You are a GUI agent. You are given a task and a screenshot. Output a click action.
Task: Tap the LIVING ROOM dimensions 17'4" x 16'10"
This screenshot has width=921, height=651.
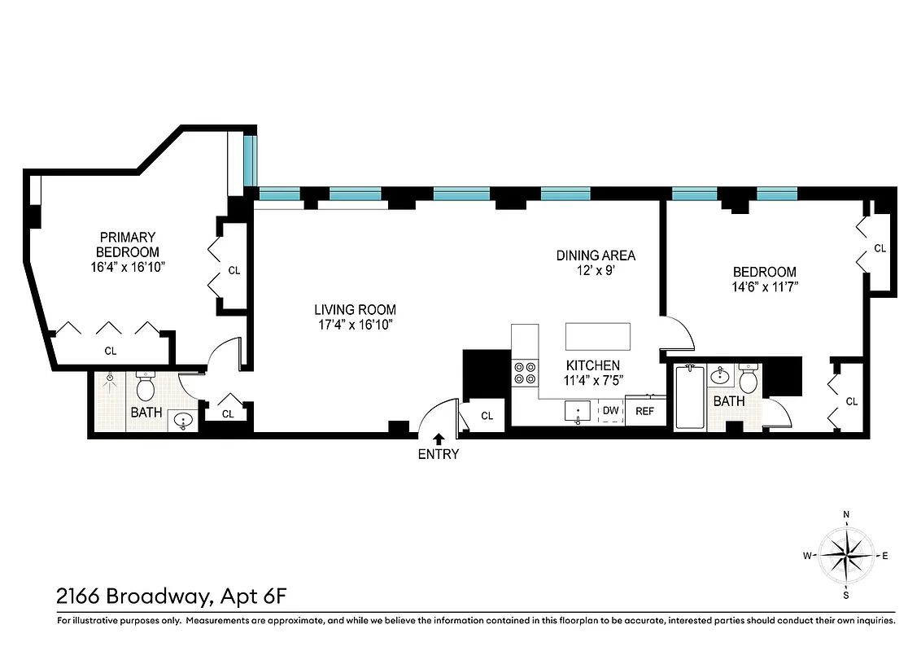(355, 325)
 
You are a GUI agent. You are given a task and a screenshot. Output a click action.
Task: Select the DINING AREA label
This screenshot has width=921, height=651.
(596, 256)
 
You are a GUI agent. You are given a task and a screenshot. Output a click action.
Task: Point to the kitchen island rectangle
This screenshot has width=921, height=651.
(598, 335)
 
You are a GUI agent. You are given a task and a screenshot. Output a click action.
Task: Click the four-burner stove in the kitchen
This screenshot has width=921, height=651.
(524, 373)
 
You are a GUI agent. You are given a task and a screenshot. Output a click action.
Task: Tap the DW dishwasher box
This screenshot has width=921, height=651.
(611, 411)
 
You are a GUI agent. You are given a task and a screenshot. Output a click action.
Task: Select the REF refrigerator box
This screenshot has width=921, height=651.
(644, 411)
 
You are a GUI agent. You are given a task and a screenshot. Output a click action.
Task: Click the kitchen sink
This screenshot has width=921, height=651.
(578, 412)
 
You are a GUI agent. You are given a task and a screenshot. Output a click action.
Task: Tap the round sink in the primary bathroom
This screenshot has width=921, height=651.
(184, 421)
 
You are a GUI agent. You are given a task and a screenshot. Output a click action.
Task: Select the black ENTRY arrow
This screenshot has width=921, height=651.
(439, 439)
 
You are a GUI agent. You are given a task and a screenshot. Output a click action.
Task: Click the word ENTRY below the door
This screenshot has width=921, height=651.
(439, 455)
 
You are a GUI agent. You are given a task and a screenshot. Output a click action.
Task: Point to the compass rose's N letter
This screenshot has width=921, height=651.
(846, 514)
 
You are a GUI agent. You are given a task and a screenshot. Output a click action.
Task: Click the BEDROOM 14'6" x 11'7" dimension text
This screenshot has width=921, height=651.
(764, 286)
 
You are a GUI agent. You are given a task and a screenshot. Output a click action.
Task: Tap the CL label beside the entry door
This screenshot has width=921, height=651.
(487, 416)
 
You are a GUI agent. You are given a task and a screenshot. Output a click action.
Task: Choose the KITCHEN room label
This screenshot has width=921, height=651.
(593, 365)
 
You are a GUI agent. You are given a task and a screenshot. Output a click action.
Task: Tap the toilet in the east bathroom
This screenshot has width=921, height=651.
(749, 379)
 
